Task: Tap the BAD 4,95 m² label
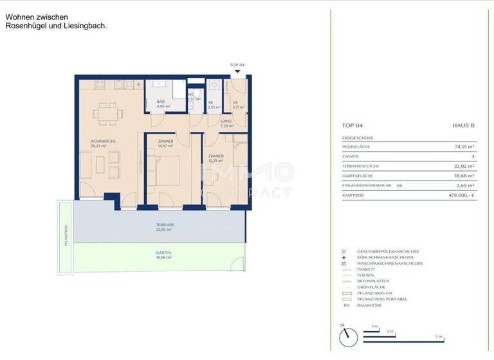tap(160, 104)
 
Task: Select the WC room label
tap(191, 97)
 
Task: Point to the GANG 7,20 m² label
tap(226, 123)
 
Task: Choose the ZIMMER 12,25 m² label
tap(215, 158)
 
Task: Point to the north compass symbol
tap(346, 334)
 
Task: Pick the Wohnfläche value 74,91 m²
tap(464, 147)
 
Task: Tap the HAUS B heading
tap(464, 127)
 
